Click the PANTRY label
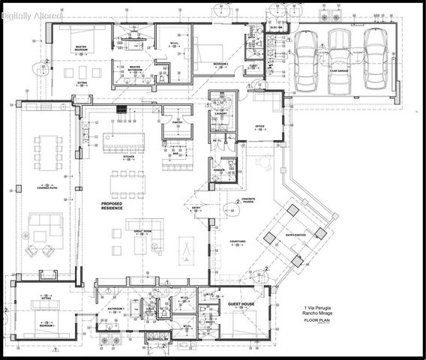coord(177,121)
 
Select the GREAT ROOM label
coord(143,230)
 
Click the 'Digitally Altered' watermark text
coord(32,14)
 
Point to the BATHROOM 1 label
coord(114,309)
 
